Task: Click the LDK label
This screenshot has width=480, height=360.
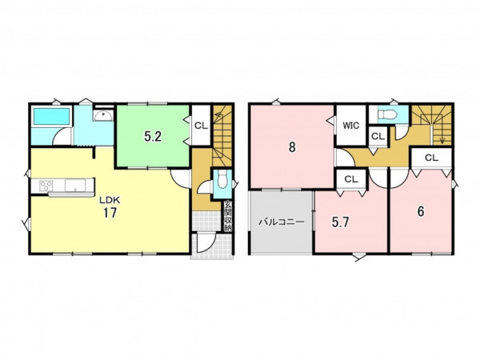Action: click(x=110, y=200)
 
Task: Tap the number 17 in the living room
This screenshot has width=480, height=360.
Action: click(x=110, y=213)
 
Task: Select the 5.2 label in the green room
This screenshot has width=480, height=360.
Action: click(x=153, y=137)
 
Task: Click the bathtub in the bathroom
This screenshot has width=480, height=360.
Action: click(x=51, y=116)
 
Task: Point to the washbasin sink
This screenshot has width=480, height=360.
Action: click(x=103, y=116)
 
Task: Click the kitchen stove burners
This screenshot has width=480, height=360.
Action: click(x=46, y=186)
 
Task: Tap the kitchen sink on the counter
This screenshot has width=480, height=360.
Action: click(x=75, y=186)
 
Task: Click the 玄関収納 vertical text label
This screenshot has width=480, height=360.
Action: click(x=227, y=216)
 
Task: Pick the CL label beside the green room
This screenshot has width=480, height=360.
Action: click(x=201, y=126)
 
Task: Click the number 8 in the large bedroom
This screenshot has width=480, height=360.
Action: click(x=292, y=147)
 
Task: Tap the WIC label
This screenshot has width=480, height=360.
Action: click(x=351, y=126)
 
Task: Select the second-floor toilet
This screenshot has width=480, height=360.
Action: click(x=387, y=114)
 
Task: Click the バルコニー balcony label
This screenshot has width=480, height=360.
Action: click(x=282, y=222)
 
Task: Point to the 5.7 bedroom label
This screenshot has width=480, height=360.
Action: click(x=341, y=222)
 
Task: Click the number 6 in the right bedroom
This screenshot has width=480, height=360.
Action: click(x=421, y=211)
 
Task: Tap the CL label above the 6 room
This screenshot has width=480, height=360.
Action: click(x=432, y=158)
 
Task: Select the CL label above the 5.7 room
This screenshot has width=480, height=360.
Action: click(x=351, y=179)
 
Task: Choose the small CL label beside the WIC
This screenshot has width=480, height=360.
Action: click(x=378, y=137)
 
